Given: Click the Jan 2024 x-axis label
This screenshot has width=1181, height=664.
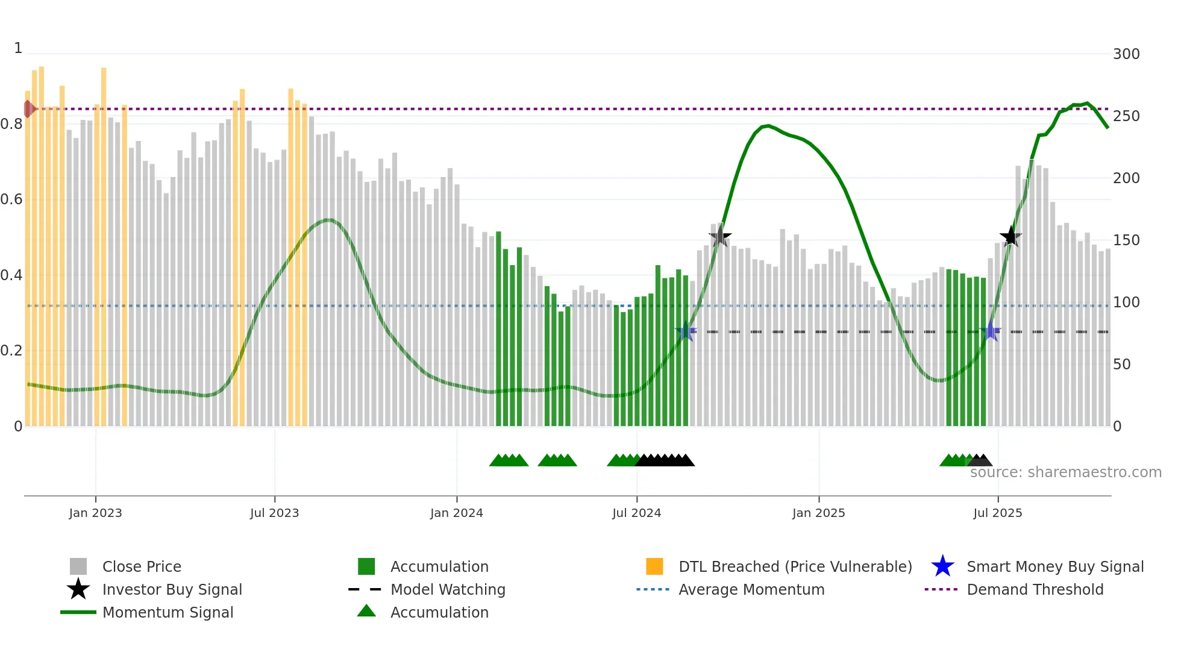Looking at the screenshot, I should click(x=456, y=513).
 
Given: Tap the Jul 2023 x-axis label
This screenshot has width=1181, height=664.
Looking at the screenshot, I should click(x=274, y=513).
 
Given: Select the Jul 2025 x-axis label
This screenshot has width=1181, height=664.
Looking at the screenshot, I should click(x=997, y=513).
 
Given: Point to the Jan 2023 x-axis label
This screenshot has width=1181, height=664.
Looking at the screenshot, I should click(x=95, y=513).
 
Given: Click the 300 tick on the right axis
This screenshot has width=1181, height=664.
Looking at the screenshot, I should click(x=1126, y=54).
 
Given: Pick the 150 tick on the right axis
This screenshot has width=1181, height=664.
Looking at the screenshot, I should click(x=1126, y=240).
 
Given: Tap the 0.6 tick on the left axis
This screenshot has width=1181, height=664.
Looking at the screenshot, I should click(x=11, y=199).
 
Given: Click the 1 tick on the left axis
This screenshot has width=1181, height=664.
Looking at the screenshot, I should click(x=18, y=48).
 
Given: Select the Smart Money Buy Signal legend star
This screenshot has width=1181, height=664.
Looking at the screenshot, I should click(x=942, y=566).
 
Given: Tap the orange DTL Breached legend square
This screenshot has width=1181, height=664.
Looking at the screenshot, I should click(x=654, y=566).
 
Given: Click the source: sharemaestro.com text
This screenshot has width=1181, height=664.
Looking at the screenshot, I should click(x=1065, y=472).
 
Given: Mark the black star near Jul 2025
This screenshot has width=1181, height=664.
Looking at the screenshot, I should click(x=1010, y=236).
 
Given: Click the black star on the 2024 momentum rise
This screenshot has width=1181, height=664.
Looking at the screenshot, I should click(x=719, y=236).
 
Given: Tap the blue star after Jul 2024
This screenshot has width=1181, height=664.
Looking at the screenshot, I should click(x=686, y=331).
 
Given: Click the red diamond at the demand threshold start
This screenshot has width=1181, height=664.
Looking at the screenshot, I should click(x=28, y=109).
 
